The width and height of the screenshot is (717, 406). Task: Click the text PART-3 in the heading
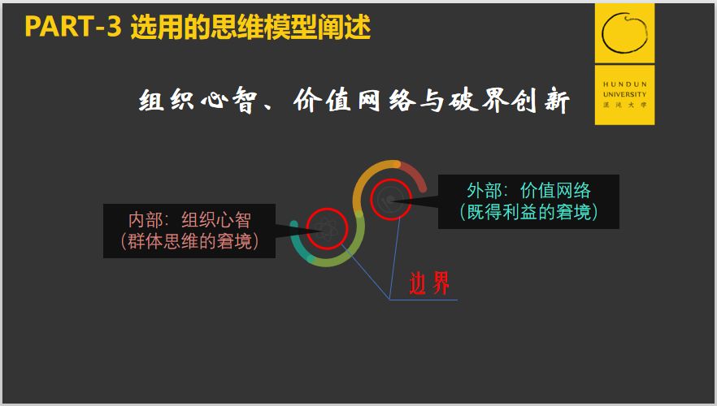pos(73,26)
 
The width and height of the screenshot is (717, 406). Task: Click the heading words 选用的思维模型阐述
pos(250,27)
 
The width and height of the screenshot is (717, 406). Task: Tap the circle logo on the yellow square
pos(624,32)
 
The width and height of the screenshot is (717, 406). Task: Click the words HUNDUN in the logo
pos(624,84)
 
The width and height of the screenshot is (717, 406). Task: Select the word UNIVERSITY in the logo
pos(624,94)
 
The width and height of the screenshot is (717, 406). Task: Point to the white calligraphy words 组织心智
pos(197,100)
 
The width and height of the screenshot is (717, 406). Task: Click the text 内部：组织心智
pos(189,220)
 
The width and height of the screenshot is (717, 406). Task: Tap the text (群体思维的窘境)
pos(189,240)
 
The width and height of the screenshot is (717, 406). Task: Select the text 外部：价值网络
pos(528,191)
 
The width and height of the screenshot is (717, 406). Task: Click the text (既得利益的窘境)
pos(528,211)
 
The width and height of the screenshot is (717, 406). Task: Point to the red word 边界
pos(429,283)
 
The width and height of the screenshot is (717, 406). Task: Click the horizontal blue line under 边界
pos(424,300)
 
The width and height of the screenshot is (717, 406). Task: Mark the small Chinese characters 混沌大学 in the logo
pos(624,105)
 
